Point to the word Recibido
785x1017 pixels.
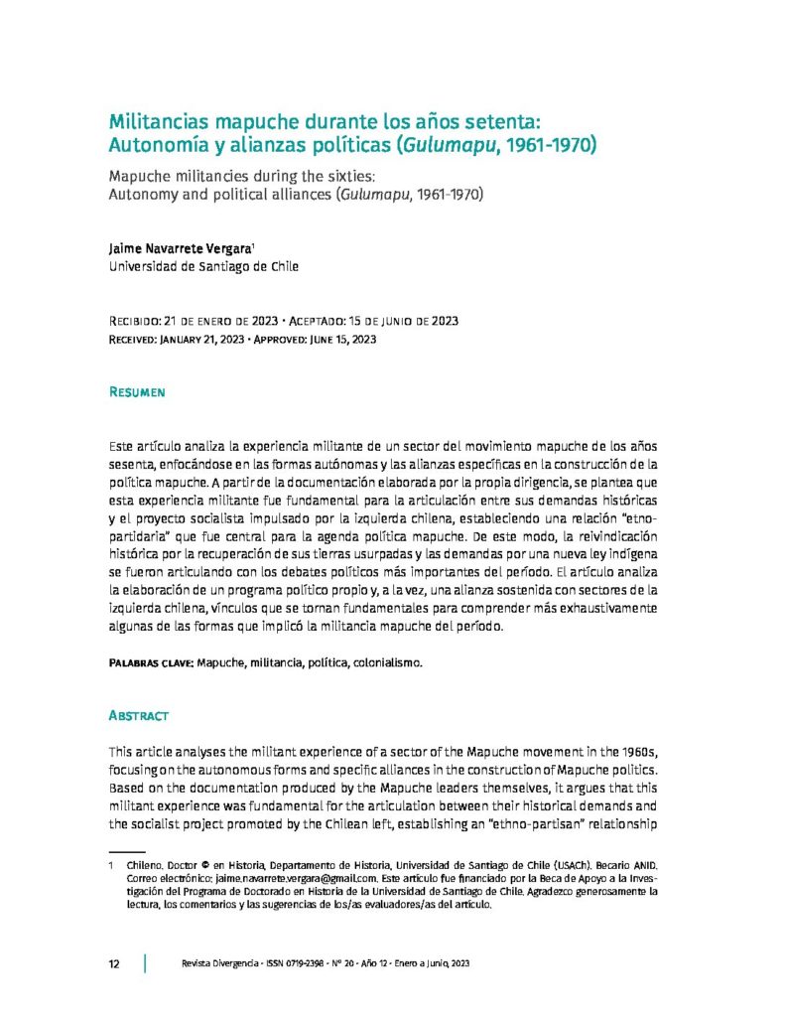click(140, 322)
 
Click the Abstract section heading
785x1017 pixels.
click(138, 715)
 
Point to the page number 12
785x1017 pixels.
click(114, 964)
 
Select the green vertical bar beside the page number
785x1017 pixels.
click(146, 964)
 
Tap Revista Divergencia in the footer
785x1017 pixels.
click(214, 964)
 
